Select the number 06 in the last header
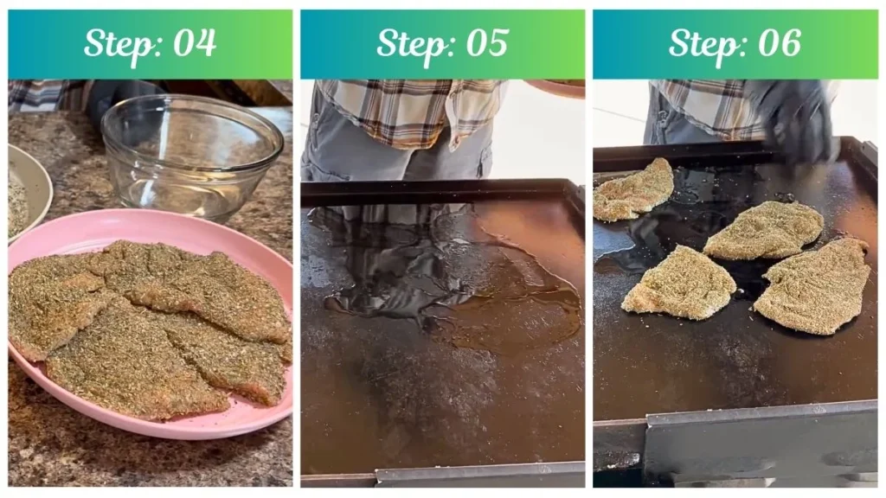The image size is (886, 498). (778, 43)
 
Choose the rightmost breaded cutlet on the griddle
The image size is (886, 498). (813, 285)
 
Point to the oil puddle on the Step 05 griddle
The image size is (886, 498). (450, 277)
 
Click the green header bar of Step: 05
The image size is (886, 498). (562, 43)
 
